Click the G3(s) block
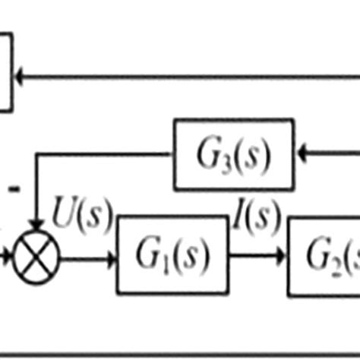pyautogui.click(x=234, y=154)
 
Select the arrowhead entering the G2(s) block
pyautogui.click(x=282, y=257)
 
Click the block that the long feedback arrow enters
pyautogui.click(x=5, y=72)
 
